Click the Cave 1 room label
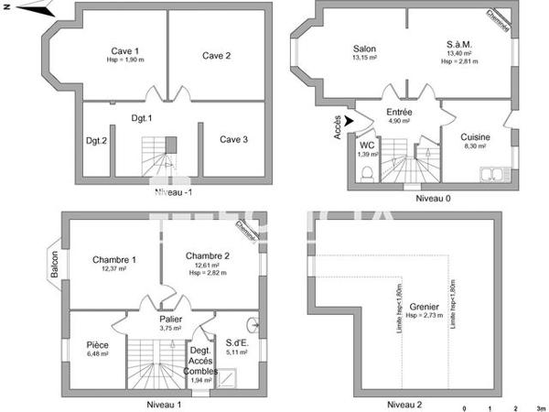tap(125, 50)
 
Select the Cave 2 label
tap(216, 56)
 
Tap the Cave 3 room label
tap(232, 139)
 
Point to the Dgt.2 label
tap(96, 140)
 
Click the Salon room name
tap(365, 49)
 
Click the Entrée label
tap(399, 112)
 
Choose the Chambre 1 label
tap(114, 260)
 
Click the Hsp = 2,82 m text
tap(207, 273)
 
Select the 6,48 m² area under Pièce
tap(97, 353)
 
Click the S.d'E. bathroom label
tap(238, 343)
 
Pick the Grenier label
tap(425, 308)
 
